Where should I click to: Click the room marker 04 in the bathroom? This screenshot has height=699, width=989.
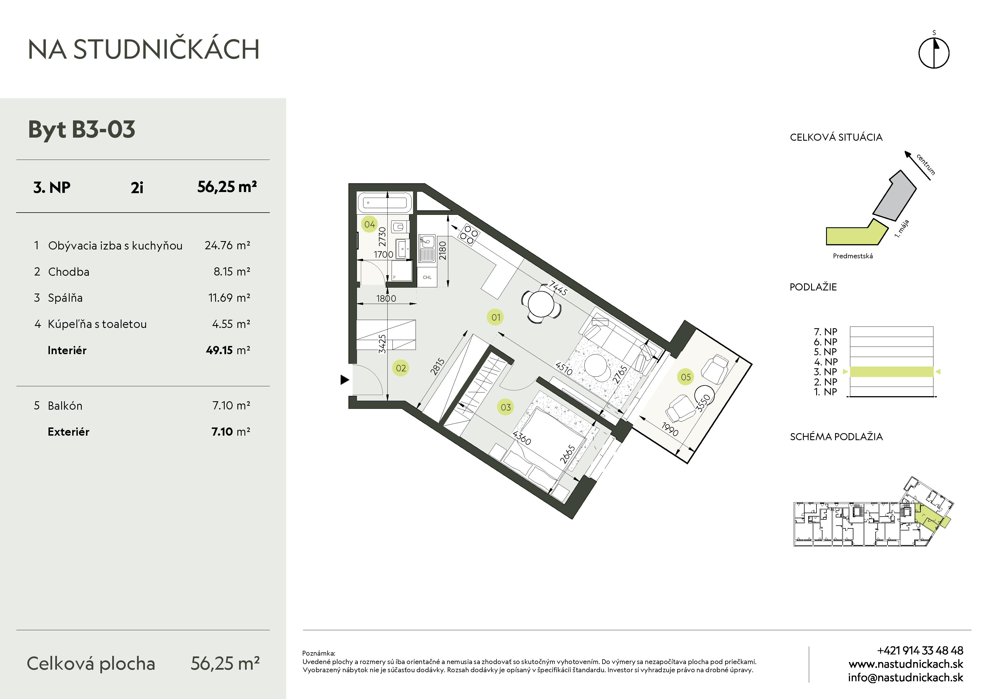coord(369,224)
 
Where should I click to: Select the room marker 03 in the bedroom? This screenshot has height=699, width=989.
coord(506,407)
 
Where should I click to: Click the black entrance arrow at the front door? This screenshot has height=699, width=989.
coord(345,380)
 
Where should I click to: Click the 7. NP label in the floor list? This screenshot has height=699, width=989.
coord(825,332)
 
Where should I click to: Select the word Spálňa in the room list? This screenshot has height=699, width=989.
coord(65,297)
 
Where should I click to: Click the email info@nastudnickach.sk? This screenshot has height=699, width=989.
coord(906,678)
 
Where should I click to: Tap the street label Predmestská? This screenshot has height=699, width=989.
coord(853,256)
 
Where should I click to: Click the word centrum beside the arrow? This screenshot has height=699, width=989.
coord(926,164)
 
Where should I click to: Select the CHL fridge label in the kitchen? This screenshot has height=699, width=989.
coord(427,277)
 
